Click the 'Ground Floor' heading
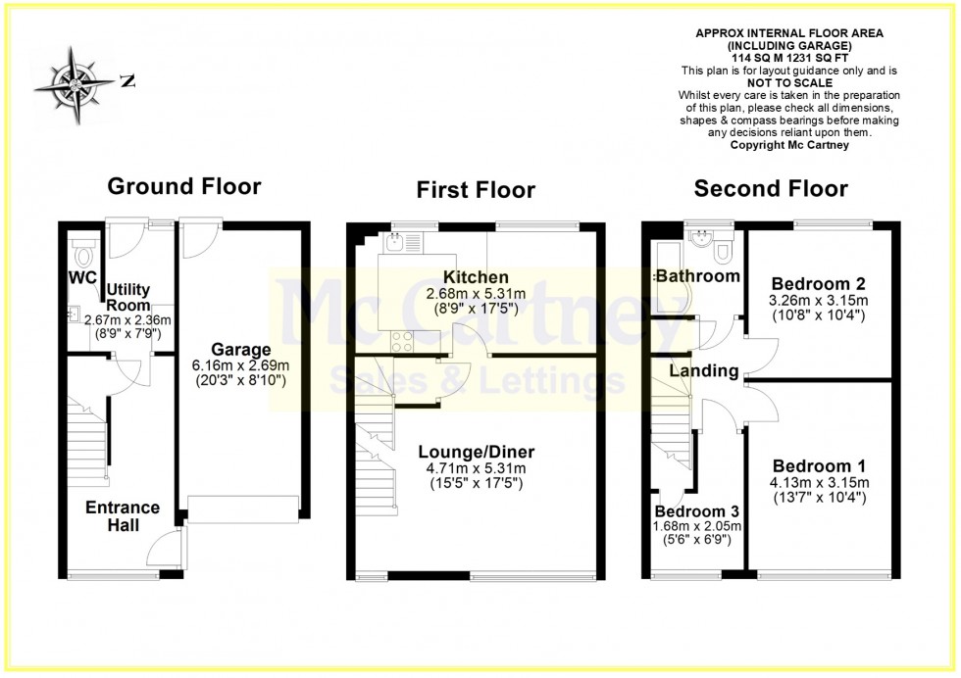pyautogui.click(x=183, y=186)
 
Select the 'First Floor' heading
pyautogui.click(x=476, y=189)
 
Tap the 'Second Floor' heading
pyautogui.click(x=771, y=188)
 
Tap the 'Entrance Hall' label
pyautogui.click(x=123, y=516)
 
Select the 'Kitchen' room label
pyautogui.click(x=476, y=277)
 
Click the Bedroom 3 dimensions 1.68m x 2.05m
pyautogui.click(x=698, y=526)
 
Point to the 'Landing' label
pyautogui.click(x=704, y=371)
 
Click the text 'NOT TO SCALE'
pyautogui.click(x=788, y=83)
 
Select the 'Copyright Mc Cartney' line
pyautogui.click(x=788, y=145)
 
